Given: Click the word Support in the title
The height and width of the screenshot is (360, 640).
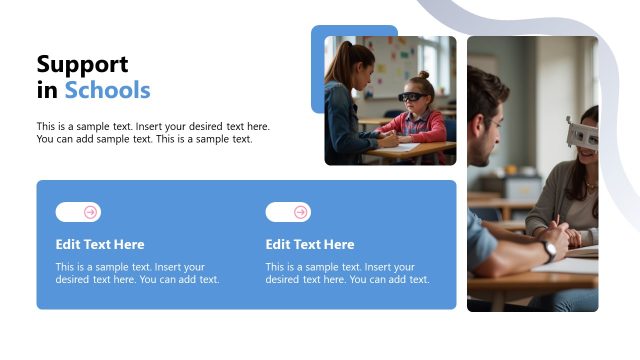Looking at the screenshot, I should coord(82,65).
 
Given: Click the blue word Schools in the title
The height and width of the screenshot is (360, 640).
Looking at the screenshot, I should coord(107,91).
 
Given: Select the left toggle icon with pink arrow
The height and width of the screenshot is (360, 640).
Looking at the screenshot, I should coord(78,212).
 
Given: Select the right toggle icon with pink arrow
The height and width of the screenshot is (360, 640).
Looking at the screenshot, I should coord(288,212).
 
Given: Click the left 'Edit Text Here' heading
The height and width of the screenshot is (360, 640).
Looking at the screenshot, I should coord(100,244).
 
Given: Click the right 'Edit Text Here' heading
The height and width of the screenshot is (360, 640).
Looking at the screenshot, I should coord(310,244).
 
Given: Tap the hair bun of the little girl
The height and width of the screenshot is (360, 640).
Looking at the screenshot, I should coord(423,75).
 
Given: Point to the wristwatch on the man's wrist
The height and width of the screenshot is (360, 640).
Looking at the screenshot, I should coord(549,250).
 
